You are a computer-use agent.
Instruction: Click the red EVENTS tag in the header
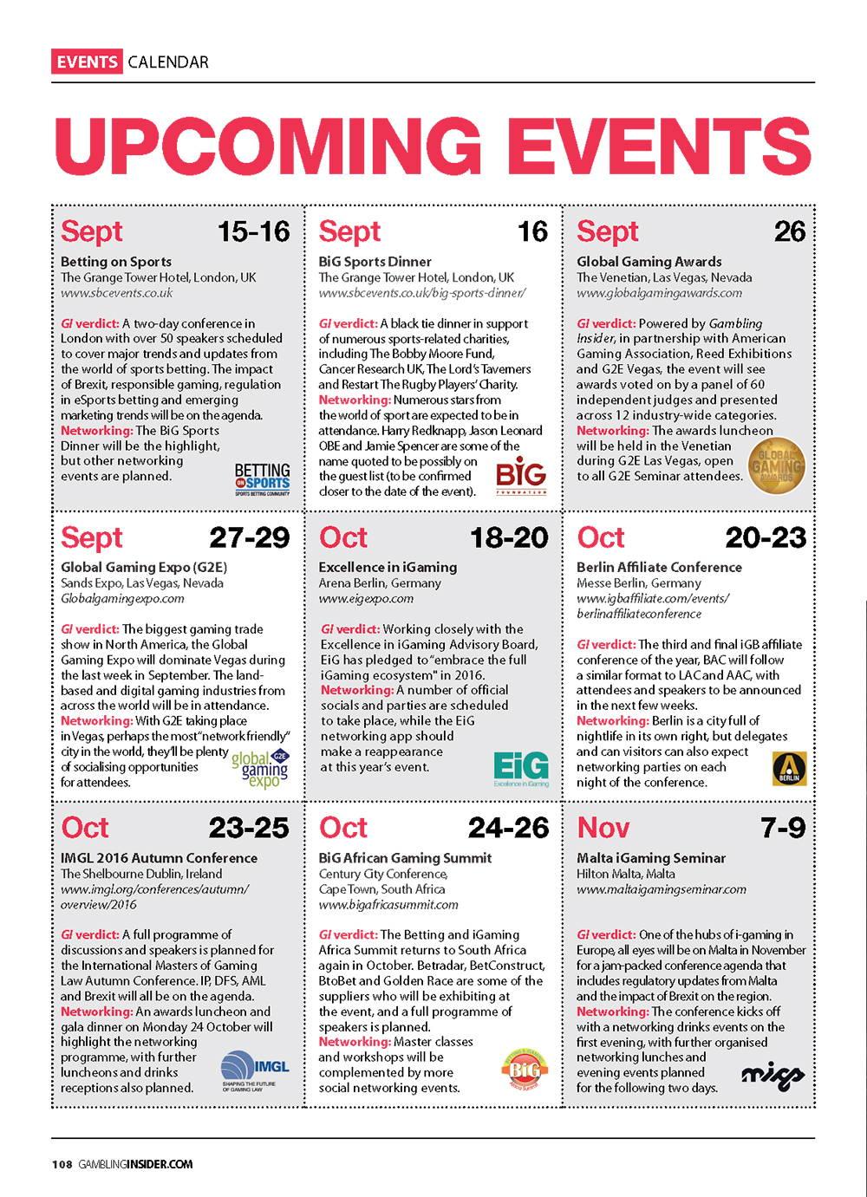pyautogui.click(x=86, y=62)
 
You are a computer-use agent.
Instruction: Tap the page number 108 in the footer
pyautogui.click(x=62, y=1164)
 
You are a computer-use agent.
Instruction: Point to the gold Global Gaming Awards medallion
pyautogui.click(x=777, y=467)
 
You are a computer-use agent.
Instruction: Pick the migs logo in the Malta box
pyautogui.click(x=773, y=1075)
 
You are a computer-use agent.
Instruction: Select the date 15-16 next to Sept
pyautogui.click(x=253, y=231)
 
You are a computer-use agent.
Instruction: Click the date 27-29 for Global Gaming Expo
pyautogui.click(x=249, y=537)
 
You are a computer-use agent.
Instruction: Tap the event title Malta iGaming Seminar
pyautogui.click(x=651, y=858)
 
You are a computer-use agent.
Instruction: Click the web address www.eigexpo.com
pyautogui.click(x=366, y=598)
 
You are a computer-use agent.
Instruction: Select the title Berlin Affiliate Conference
pyautogui.click(x=659, y=567)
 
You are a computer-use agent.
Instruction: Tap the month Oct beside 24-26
pyautogui.click(x=343, y=828)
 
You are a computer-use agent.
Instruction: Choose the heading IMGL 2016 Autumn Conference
pyautogui.click(x=159, y=858)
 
